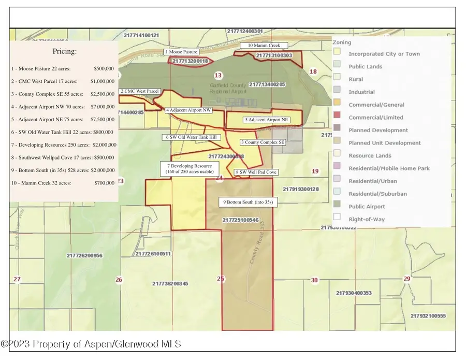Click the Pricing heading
tap(65, 52)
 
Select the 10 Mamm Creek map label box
tap(264, 46)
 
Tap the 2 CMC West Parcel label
tap(139, 91)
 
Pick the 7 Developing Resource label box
tap(189, 168)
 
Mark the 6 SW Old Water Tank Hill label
tap(192, 137)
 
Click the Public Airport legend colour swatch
tap(337, 207)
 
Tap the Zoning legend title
tap(342, 42)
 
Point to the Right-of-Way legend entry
tap(367, 219)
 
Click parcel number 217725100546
tap(241, 220)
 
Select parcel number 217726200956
tap(84, 255)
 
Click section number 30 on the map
tap(314, 280)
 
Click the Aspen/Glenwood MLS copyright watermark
tap(91, 343)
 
